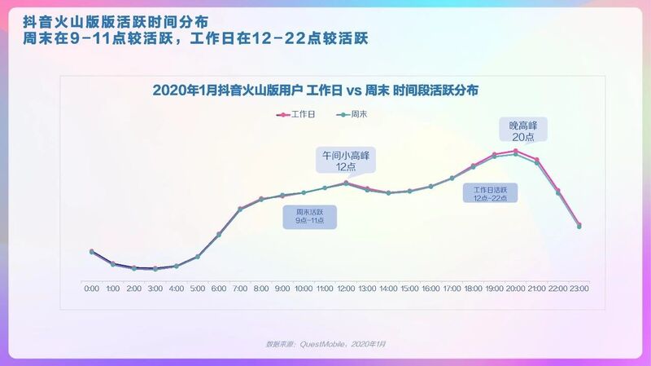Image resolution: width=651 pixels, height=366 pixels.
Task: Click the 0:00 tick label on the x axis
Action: pyautogui.click(x=92, y=289)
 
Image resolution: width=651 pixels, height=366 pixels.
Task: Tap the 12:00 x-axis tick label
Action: pyautogui.click(x=346, y=289)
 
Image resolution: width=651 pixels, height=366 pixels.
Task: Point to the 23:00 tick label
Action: pyautogui.click(x=579, y=289)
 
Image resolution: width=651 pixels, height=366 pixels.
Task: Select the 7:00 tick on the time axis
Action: pyautogui.click(x=240, y=289)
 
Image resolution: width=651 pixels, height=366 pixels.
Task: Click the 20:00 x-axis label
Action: pyautogui.click(x=515, y=289)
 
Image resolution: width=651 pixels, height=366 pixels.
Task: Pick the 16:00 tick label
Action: pyautogui.click(x=430, y=289)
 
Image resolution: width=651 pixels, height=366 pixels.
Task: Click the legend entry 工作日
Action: pyautogui.click(x=302, y=115)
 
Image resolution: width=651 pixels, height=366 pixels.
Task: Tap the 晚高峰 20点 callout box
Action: pyautogui.click(x=524, y=130)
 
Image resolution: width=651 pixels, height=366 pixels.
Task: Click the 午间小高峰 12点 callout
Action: pyautogui.click(x=346, y=160)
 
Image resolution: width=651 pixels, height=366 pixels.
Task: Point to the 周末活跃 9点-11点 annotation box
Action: pyautogui.click(x=309, y=216)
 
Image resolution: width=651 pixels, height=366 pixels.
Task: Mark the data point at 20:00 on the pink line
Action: pyautogui.click(x=515, y=151)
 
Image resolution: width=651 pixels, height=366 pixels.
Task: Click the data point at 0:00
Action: pyautogui.click(x=92, y=251)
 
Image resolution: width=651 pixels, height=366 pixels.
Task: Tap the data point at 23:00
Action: pyautogui.click(x=579, y=225)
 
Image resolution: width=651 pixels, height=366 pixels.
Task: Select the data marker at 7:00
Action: pyautogui.click(x=240, y=209)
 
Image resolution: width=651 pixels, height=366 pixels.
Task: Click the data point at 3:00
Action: pyautogui.click(x=155, y=268)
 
